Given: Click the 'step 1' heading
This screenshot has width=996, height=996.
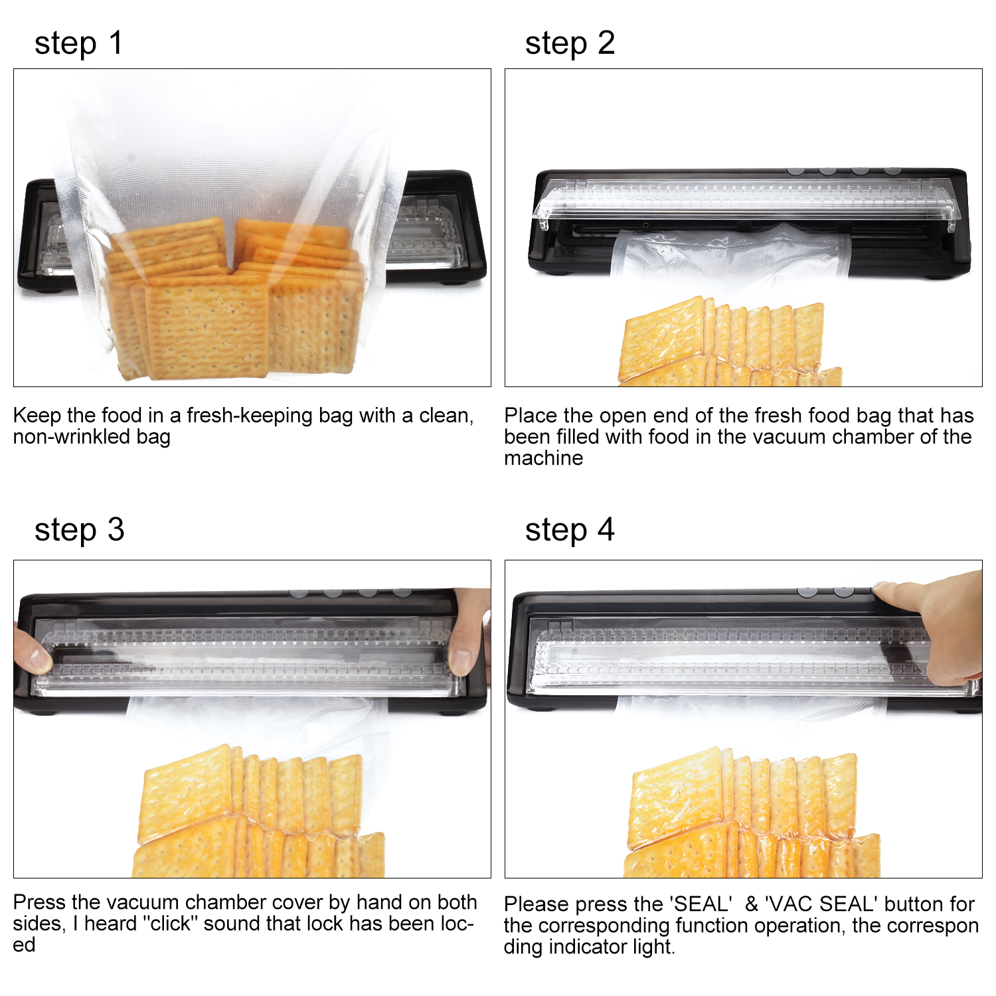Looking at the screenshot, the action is click(78, 44).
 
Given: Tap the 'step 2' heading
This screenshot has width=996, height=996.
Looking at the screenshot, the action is click(570, 44).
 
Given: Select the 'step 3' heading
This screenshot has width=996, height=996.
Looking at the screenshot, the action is click(79, 531).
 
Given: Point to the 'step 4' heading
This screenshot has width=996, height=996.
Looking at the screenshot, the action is click(570, 531).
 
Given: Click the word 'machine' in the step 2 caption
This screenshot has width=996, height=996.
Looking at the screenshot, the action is click(544, 458).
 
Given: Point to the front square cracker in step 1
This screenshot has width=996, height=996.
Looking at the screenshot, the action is click(208, 327).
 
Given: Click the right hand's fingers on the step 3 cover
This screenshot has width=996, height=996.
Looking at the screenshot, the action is click(469, 631).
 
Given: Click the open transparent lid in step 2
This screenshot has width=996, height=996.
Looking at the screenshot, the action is click(747, 200).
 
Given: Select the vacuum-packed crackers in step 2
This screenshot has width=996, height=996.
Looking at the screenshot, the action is click(730, 342).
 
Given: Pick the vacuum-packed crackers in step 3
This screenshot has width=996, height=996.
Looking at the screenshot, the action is click(259, 811).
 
